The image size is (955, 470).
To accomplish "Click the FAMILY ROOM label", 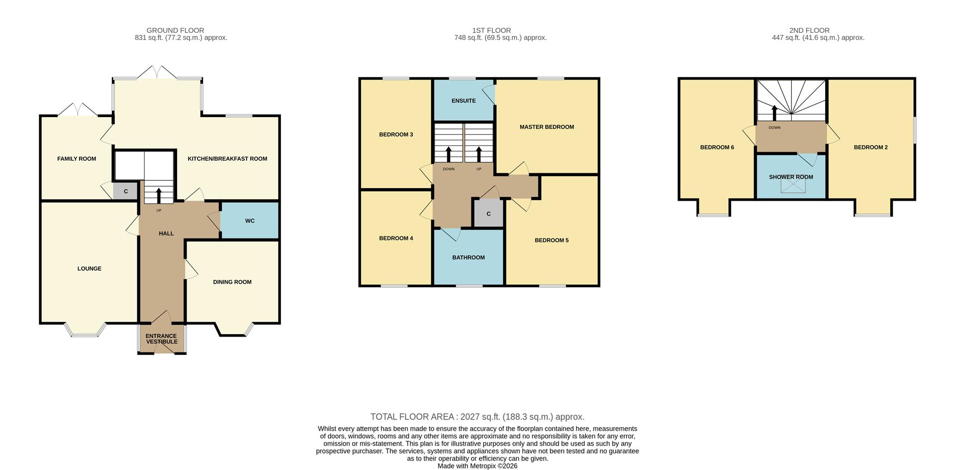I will (x=77, y=159).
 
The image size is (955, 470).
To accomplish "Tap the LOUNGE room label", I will (x=90, y=269).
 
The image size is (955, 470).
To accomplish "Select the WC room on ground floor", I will (x=250, y=221).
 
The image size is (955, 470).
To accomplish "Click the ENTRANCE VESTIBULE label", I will (x=161, y=339).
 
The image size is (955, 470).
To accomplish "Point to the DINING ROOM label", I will (x=232, y=282).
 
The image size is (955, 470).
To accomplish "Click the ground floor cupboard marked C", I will (x=126, y=192).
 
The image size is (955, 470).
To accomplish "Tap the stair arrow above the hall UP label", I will (x=159, y=195).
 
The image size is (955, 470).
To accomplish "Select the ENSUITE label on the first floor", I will (x=464, y=101).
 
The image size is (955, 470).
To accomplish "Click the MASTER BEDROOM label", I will (x=547, y=127).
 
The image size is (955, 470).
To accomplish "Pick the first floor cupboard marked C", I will (x=488, y=214).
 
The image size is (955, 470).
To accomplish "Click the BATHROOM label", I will (x=468, y=258).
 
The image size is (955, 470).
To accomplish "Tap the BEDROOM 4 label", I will (x=396, y=238).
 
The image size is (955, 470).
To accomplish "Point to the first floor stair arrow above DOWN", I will (x=449, y=154).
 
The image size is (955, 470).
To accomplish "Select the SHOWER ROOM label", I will (x=791, y=177).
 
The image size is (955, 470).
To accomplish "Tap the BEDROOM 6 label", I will (x=717, y=147).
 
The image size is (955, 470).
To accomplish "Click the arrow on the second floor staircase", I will (x=774, y=113).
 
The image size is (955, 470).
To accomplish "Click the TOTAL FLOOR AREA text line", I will (x=477, y=417).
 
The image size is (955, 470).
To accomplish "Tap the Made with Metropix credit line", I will (x=477, y=466).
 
